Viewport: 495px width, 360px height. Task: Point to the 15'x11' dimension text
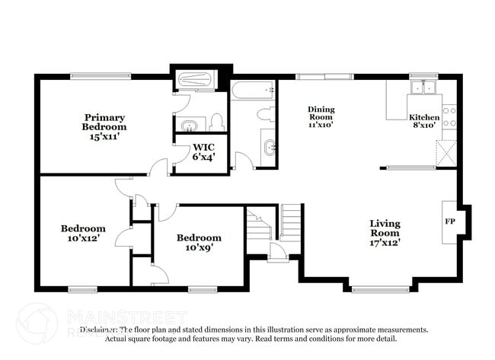(x=105, y=136)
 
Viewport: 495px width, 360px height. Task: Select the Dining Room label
(x=321, y=113)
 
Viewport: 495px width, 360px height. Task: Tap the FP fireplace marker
(x=449, y=221)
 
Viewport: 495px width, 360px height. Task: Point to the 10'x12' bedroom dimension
(x=83, y=238)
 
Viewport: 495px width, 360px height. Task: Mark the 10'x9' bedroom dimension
(x=199, y=247)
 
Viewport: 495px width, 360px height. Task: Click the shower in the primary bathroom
(x=195, y=81)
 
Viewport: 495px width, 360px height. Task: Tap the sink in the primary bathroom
(x=188, y=124)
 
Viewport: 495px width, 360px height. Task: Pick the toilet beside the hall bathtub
(x=265, y=114)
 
